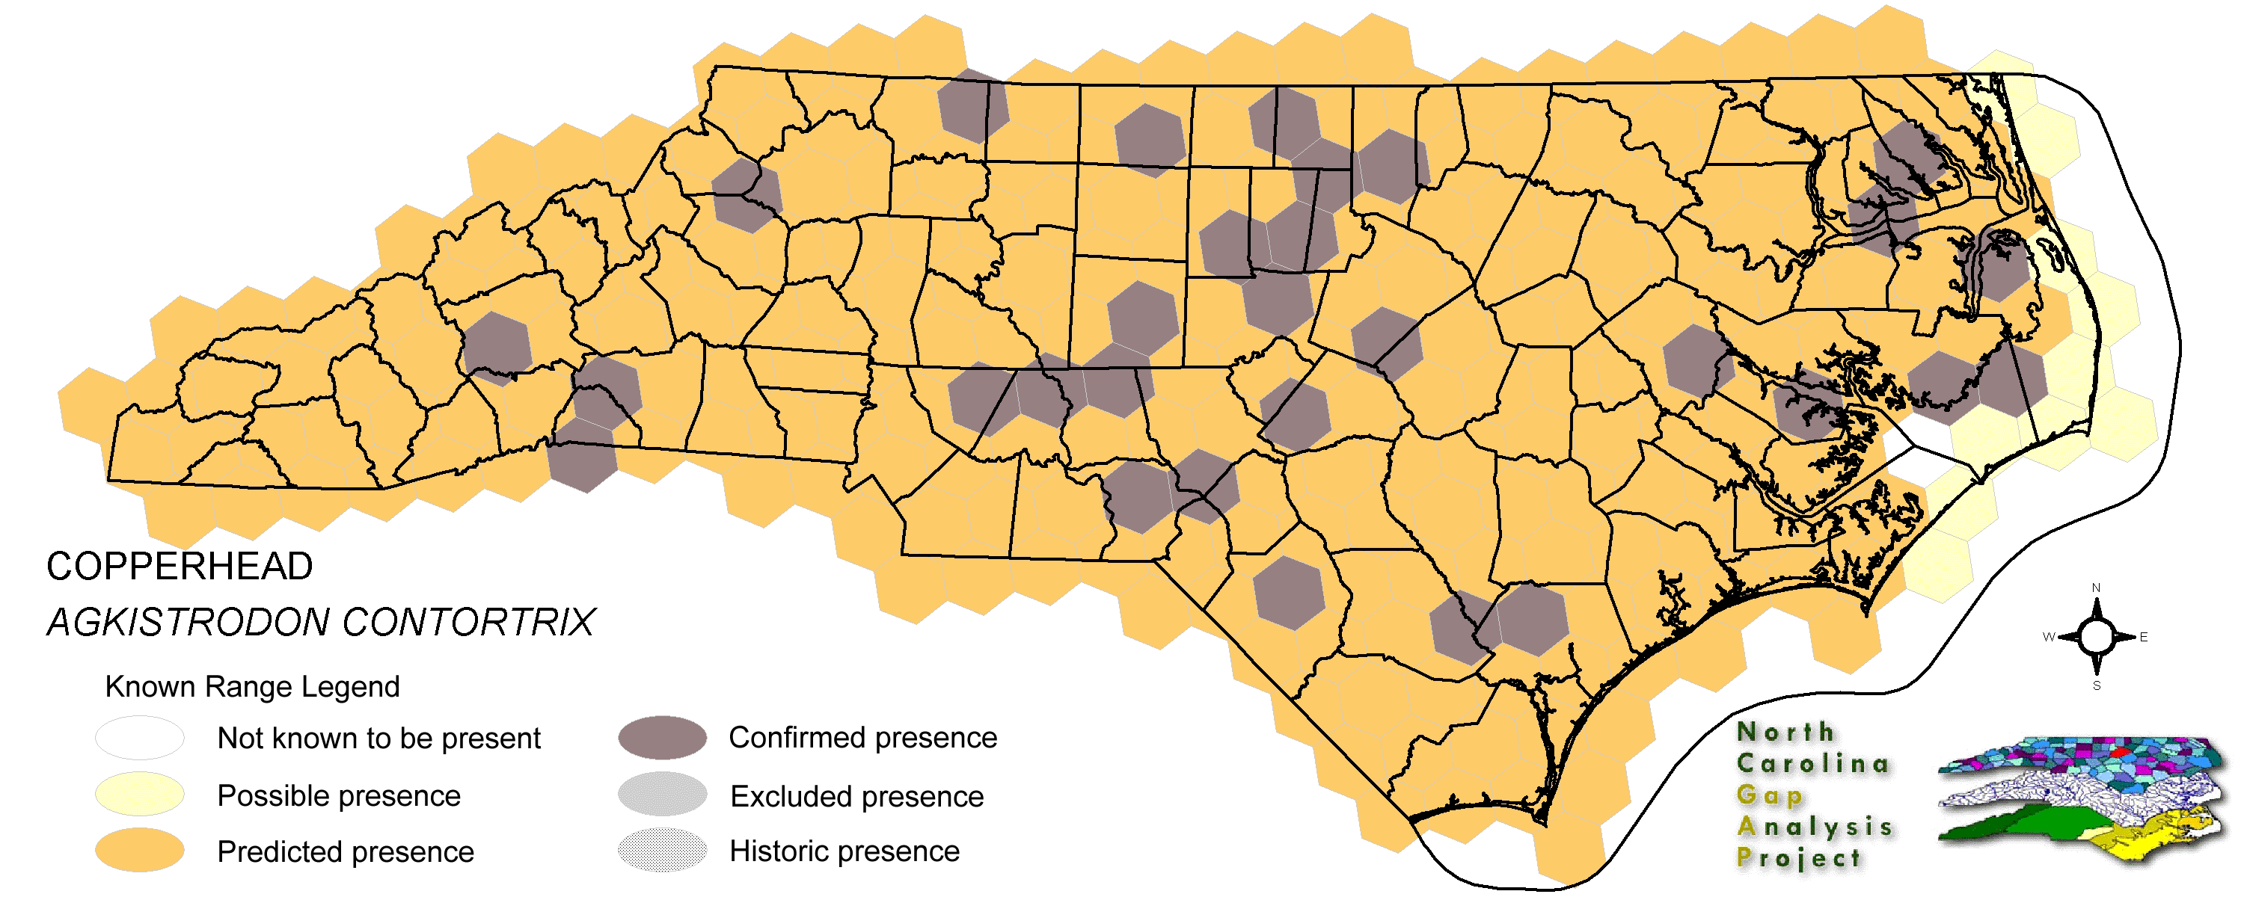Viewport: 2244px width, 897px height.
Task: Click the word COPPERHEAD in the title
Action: coord(180,567)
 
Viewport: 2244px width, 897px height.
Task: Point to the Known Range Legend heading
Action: coord(252,687)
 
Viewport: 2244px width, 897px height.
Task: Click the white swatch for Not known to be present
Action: coord(139,739)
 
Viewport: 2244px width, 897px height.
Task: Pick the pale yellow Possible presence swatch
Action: coord(139,795)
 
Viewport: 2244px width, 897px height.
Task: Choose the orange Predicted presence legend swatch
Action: coord(139,851)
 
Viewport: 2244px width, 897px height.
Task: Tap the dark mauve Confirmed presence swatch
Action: coord(662,738)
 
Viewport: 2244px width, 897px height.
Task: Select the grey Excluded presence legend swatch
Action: coord(662,795)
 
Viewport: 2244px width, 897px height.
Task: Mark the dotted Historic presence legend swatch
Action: coord(662,851)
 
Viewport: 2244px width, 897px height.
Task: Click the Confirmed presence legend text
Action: coord(862,738)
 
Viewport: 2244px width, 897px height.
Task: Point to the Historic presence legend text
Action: coord(844,851)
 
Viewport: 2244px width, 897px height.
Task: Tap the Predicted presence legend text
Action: coord(345,851)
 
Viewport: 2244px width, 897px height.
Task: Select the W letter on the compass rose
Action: coord(2048,638)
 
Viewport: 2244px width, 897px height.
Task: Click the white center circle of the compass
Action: coord(2096,638)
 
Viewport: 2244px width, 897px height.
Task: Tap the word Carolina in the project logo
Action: coord(1813,764)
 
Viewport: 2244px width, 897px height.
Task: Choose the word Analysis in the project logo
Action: coord(1815,827)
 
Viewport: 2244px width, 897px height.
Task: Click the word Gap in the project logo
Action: coord(1769,795)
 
